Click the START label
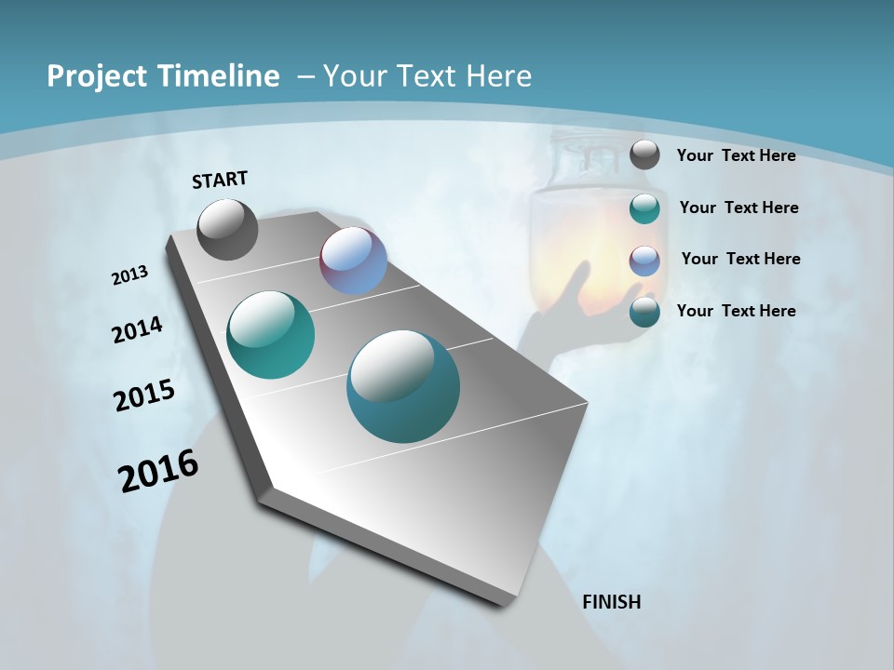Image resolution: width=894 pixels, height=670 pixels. [220, 179]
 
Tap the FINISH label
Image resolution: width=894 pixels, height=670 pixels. [611, 602]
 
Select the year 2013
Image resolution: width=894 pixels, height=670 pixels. [130, 275]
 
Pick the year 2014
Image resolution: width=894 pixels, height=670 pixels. [138, 330]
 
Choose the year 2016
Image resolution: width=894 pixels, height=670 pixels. [158, 471]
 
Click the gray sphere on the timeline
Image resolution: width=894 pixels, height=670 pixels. [227, 229]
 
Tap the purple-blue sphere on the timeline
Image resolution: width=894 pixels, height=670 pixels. [353, 261]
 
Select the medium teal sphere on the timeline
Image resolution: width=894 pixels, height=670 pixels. [270, 335]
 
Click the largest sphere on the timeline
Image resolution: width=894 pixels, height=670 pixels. [403, 386]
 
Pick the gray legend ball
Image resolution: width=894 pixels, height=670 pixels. [644, 155]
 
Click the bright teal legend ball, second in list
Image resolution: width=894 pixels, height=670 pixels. [644, 208]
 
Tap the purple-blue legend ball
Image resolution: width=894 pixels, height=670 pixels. [644, 260]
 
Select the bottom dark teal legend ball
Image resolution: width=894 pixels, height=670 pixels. [644, 312]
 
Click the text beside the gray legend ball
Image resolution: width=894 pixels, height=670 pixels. [736, 155]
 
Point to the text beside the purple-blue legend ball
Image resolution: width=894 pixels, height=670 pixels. [740, 259]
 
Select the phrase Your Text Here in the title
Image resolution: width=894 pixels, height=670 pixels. [427, 76]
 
